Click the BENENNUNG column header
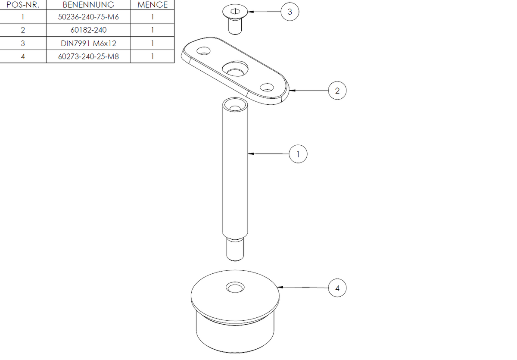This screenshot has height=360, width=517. pos(88,5)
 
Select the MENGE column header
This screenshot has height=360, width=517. pos(153,5)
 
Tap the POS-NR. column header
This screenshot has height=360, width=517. pos(23,5)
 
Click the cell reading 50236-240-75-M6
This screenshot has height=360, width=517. pos(88,17)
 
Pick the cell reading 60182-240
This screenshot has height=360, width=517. pos(88,30)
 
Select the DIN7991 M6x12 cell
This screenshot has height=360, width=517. pos(88,43)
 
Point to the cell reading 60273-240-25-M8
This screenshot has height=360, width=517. pos(88,56)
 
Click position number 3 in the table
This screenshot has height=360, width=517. pos(23,43)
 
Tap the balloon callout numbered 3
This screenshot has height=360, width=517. pos(290,12)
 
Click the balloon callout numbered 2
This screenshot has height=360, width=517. pos(337,91)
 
